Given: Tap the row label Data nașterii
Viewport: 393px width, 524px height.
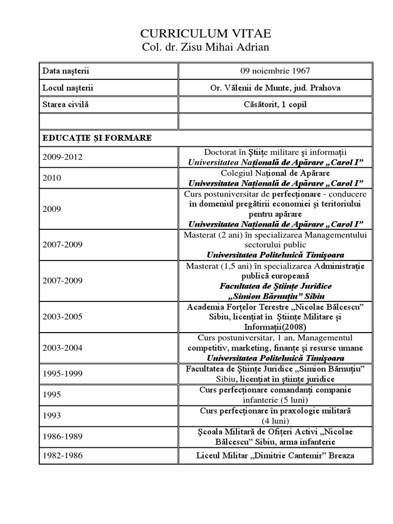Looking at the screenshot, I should click(x=66, y=71).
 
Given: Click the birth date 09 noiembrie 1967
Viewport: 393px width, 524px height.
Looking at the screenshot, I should click(x=275, y=71).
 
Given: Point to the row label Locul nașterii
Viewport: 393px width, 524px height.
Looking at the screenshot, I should click(x=68, y=88).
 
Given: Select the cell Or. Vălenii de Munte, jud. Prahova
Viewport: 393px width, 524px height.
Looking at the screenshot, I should click(x=275, y=88).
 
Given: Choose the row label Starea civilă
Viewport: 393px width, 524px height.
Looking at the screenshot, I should click(x=65, y=104).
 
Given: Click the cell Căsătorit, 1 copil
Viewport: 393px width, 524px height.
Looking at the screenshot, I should click(x=275, y=104).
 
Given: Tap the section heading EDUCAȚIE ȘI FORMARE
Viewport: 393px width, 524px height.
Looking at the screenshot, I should click(x=97, y=138).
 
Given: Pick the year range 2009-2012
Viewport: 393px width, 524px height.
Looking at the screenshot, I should click(x=62, y=157).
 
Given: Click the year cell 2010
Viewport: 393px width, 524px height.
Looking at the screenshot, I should click(x=52, y=178).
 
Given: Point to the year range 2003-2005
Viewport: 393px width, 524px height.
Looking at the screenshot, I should click(x=62, y=317).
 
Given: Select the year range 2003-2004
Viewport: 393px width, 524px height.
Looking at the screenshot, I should click(x=62, y=348).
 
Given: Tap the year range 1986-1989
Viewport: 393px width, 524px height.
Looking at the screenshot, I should click(x=62, y=436).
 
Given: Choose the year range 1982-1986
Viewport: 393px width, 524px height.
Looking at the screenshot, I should click(x=62, y=455).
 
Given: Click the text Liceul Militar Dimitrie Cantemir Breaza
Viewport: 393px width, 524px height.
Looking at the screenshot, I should click(x=275, y=455).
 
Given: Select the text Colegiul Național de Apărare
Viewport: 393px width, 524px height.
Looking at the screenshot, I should click(x=275, y=173).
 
